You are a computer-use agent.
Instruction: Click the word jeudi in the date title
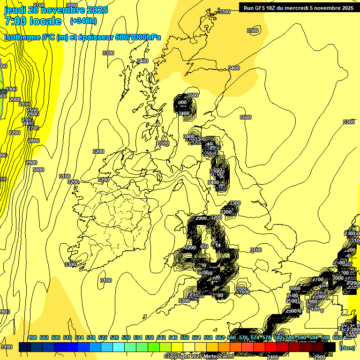[x=15, y=10]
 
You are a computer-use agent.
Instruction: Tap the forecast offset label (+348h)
[x=83, y=21]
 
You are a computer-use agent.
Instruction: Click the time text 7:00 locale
[x=32, y=21]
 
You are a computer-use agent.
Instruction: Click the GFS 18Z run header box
[x=299, y=8]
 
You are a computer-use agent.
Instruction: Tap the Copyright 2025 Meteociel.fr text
[x=194, y=357]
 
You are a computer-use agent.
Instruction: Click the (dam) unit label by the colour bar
[x=347, y=348]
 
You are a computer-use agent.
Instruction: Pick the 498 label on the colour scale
[x=32, y=338]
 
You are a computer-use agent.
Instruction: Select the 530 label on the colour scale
[x=126, y=338]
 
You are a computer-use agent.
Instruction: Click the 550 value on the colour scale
[x=185, y=338]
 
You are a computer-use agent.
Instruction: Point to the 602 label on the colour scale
[x=337, y=338]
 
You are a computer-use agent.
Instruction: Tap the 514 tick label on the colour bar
[x=79, y=338]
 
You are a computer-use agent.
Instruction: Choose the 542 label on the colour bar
[x=161, y=338]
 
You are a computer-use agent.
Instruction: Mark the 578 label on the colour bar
[x=267, y=338]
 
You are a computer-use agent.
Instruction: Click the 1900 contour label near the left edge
[x=11, y=89]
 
